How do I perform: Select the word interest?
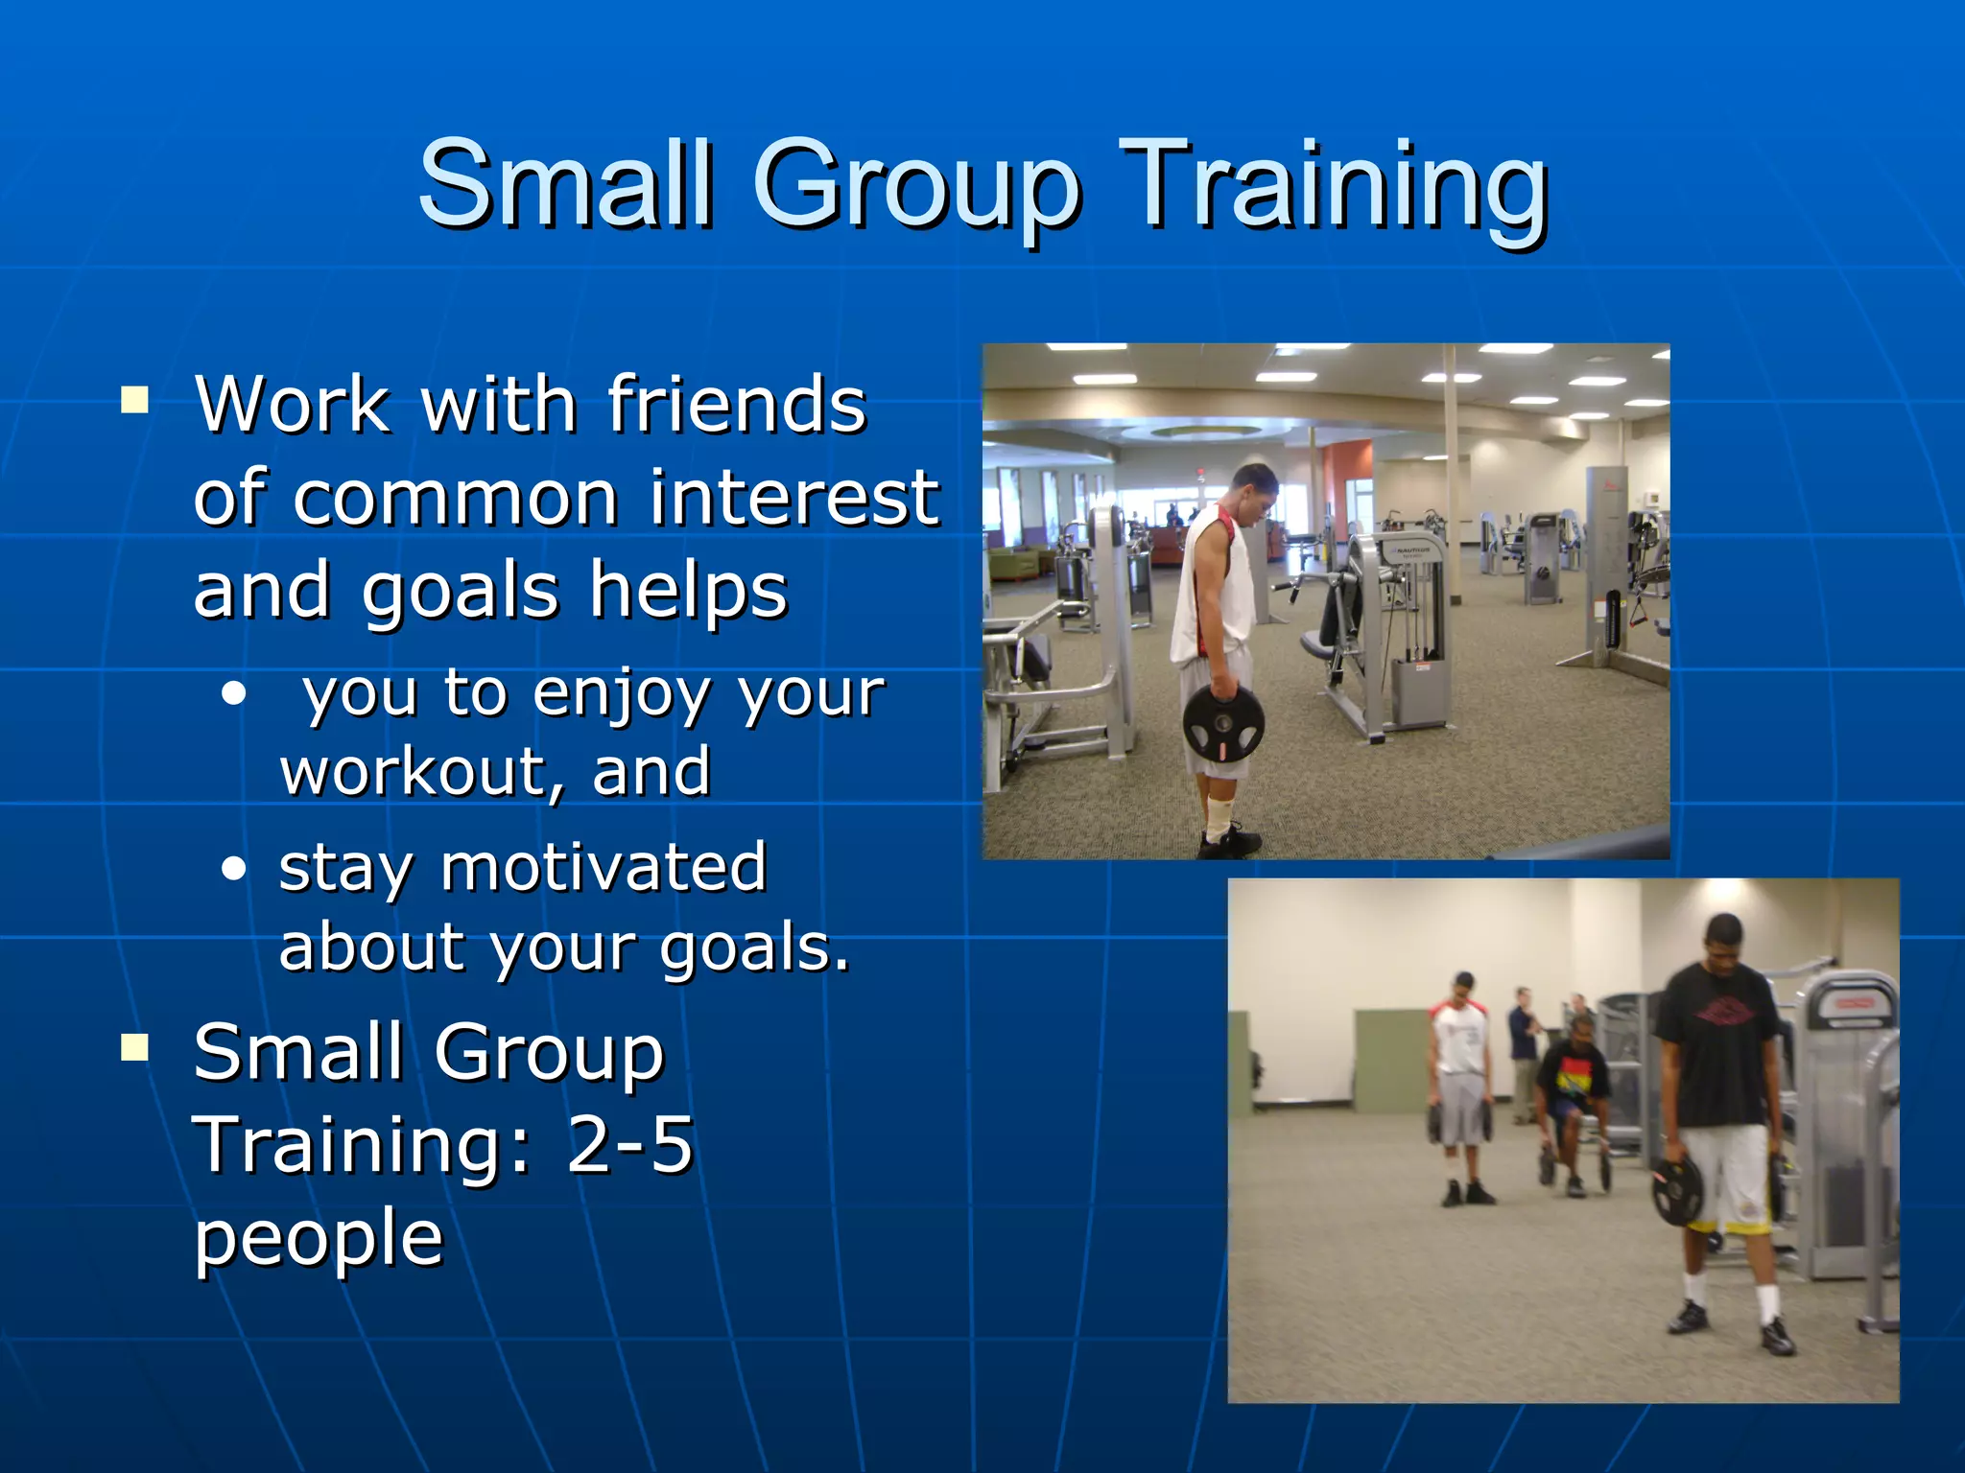pyautogui.click(x=794, y=499)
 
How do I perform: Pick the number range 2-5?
pyautogui.click(x=629, y=1145)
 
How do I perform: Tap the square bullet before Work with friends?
pyautogui.click(x=135, y=399)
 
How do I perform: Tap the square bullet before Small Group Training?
pyautogui.click(x=135, y=1047)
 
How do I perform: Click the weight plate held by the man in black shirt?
pyautogui.click(x=1676, y=1190)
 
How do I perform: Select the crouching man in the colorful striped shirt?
pyautogui.click(x=1572, y=1093)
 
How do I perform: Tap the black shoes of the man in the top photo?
pyautogui.click(x=1230, y=842)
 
